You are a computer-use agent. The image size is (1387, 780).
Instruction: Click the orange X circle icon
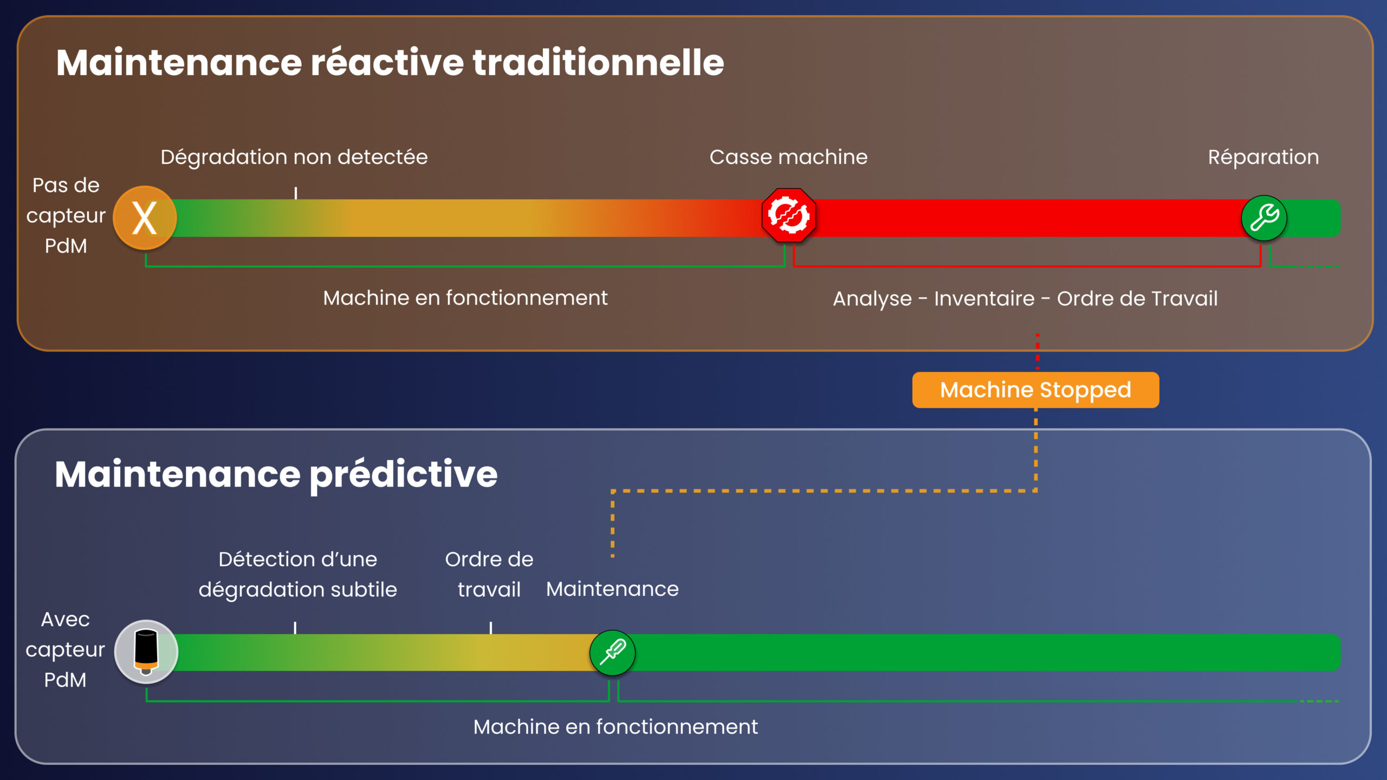[x=145, y=218]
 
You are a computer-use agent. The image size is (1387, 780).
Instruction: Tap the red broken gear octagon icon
[x=788, y=216]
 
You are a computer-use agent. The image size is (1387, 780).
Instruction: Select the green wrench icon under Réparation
[x=1264, y=218]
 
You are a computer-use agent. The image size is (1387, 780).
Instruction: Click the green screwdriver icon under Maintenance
[x=612, y=652]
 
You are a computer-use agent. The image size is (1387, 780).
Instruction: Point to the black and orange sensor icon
[x=146, y=651]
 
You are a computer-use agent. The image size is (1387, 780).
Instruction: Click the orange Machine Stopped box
[x=1035, y=390]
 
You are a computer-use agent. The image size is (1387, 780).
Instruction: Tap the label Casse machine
[x=788, y=157]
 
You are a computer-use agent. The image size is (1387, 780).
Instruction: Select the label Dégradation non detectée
[x=294, y=157]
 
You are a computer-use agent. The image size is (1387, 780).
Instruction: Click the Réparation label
[x=1263, y=157]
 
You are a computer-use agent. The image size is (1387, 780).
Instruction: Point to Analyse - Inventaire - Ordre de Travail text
[x=1025, y=298]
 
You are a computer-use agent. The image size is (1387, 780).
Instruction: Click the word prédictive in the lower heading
[x=403, y=474]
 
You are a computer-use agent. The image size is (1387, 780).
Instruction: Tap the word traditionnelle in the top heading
[x=598, y=62]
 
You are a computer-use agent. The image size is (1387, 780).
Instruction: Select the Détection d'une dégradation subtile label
[x=297, y=574]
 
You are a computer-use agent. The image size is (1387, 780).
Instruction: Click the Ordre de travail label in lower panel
[x=489, y=574]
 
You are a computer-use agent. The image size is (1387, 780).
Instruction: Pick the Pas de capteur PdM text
[x=66, y=216]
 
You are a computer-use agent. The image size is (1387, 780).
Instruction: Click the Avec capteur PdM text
[x=65, y=649]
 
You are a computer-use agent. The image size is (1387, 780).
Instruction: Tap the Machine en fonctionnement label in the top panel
[x=465, y=298]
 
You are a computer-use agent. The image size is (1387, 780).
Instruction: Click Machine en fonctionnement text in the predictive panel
[x=615, y=727]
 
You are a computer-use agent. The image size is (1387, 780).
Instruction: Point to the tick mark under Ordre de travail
[x=491, y=628]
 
